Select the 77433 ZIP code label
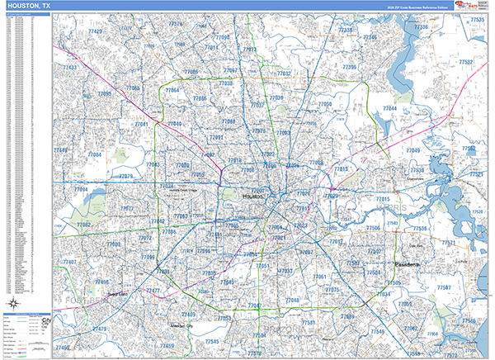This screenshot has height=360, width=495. click(71, 68)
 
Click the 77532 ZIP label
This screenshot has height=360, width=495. click(466, 62)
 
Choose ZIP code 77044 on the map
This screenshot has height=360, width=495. click(390, 109)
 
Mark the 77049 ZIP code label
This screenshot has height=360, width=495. click(412, 150)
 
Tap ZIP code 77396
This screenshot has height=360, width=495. click(349, 67)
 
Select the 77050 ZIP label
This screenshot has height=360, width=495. click(325, 105)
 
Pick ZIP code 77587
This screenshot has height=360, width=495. click(444, 287)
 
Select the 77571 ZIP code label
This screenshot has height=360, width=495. click(448, 243)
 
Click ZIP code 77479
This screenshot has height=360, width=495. click(100, 329)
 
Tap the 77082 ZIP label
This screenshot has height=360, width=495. click(84, 225)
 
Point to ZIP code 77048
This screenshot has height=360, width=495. click(292, 300)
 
